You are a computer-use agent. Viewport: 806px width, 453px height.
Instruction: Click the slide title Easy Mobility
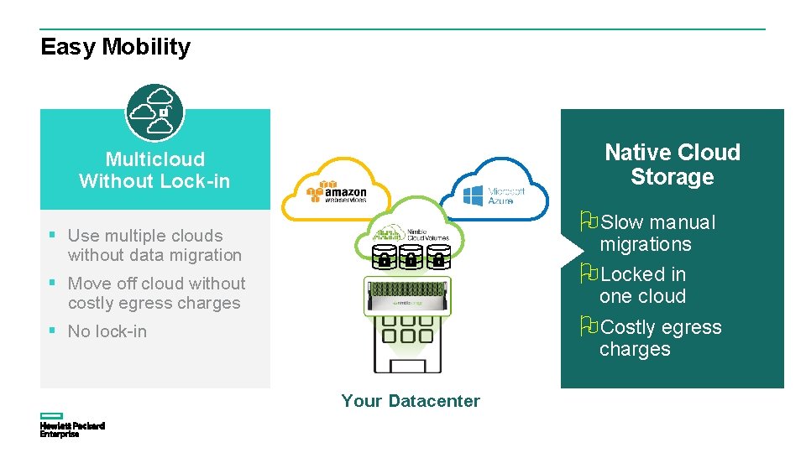115,47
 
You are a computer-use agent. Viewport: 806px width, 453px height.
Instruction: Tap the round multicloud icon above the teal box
154,112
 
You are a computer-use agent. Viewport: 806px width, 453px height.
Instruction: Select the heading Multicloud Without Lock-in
154,170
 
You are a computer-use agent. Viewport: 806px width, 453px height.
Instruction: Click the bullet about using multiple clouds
154,245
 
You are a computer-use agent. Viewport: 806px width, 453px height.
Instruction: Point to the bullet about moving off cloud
156,293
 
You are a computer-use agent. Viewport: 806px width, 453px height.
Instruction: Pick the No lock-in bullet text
107,331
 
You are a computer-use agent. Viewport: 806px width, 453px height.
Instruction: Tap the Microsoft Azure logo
495,195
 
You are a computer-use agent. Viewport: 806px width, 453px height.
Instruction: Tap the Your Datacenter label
411,401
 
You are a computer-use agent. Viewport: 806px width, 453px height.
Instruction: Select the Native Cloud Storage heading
672,164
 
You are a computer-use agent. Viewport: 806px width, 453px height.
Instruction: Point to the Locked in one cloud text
642,285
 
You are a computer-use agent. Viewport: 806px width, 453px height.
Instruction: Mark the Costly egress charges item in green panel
659,338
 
